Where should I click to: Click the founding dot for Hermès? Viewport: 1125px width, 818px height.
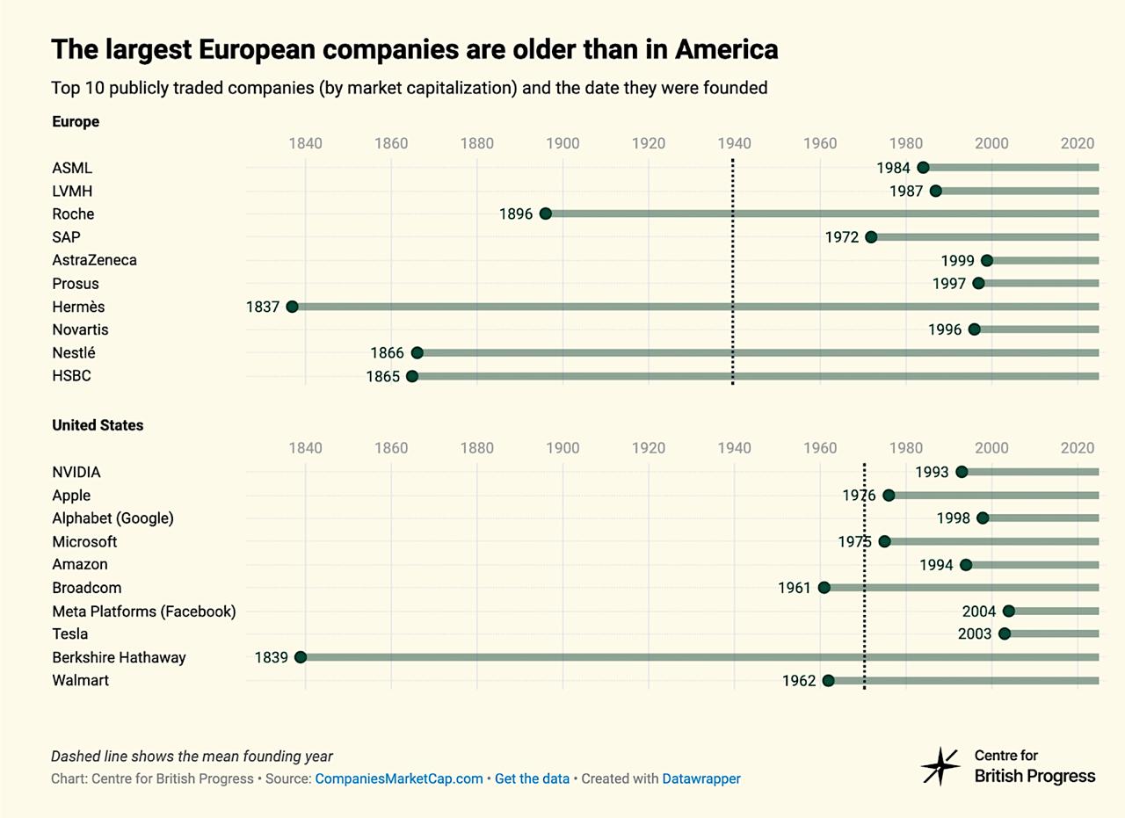click(x=293, y=307)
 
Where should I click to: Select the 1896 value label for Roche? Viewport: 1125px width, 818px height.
click(x=516, y=214)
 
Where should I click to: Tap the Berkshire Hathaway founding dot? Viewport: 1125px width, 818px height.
click(x=301, y=657)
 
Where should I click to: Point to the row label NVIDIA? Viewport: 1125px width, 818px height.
click(x=76, y=473)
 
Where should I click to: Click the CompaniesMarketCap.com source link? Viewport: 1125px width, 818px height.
click(x=399, y=778)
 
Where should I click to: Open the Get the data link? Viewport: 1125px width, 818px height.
click(x=532, y=778)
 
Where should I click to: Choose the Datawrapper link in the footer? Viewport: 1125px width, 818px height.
click(x=700, y=778)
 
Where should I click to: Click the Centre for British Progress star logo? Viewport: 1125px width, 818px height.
click(x=940, y=766)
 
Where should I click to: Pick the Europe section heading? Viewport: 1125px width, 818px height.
click(x=76, y=122)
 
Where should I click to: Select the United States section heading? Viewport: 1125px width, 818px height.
click(x=98, y=425)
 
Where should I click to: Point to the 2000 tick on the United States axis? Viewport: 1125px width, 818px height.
click(x=992, y=448)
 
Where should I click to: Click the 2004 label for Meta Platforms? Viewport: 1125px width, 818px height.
click(x=979, y=612)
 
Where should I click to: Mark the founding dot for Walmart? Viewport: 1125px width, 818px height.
click(x=828, y=680)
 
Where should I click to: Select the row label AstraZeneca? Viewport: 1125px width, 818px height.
click(x=94, y=260)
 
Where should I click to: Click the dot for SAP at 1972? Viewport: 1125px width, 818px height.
click(x=871, y=237)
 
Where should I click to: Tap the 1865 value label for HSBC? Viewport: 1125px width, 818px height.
click(x=383, y=377)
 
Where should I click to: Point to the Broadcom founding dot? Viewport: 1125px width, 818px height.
click(x=824, y=588)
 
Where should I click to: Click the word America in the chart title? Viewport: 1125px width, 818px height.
click(x=726, y=50)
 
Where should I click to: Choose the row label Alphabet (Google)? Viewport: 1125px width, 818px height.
click(x=112, y=518)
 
